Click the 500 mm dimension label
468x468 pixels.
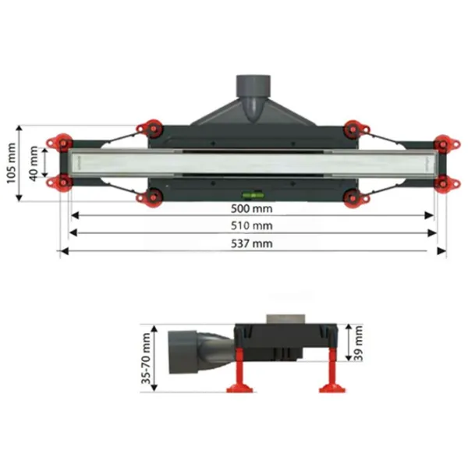click(252, 208)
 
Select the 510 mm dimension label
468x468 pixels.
click(252, 226)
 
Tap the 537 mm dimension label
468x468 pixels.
click(252, 244)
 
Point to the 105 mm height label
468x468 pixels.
click(11, 163)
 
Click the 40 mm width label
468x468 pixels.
click(34, 163)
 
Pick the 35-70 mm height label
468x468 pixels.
click(147, 358)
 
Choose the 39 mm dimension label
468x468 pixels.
click(358, 343)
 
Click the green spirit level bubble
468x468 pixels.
click(253, 196)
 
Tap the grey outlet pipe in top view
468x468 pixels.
click(253, 98)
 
